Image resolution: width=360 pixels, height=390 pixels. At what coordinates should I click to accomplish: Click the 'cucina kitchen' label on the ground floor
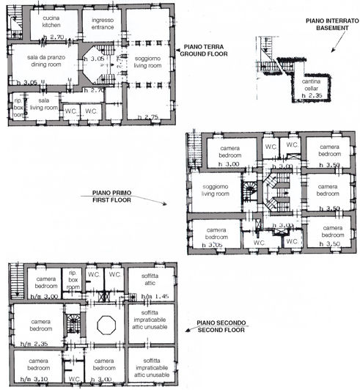click(x=51, y=21)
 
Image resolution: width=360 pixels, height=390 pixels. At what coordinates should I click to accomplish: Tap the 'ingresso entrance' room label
click(x=103, y=23)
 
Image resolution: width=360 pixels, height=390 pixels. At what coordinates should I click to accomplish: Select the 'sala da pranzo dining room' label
click(x=44, y=61)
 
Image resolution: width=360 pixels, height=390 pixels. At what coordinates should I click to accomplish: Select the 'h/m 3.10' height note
click(x=32, y=378)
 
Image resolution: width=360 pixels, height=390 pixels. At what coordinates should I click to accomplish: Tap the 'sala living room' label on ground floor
click(x=43, y=103)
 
